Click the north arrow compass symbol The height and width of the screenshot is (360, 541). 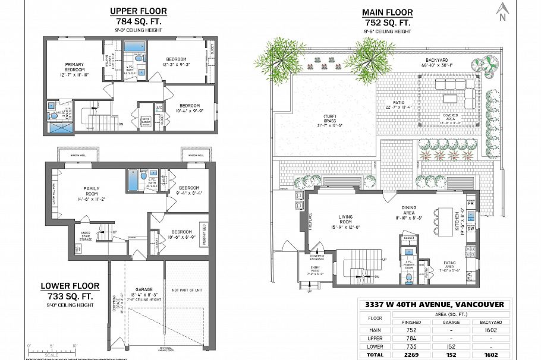click(503, 11)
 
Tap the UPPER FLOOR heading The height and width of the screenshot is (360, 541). click(139, 11)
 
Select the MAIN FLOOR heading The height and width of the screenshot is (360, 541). click(387, 13)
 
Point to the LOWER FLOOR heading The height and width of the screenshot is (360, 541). click(70, 286)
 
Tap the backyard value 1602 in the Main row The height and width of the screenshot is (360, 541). click(490, 330)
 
